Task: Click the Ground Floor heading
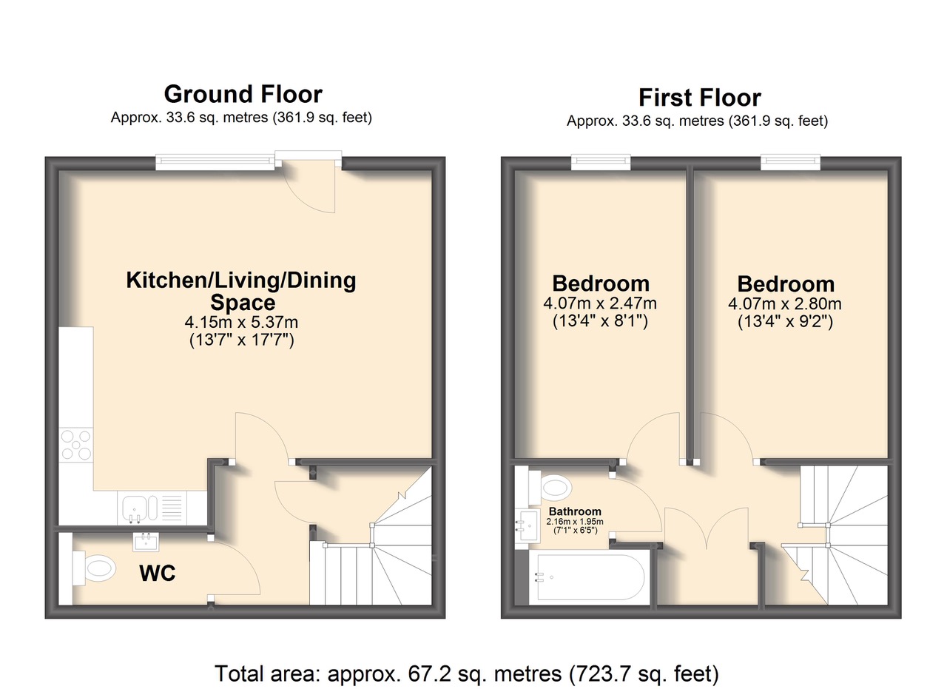[x=243, y=94]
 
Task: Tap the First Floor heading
[x=700, y=98]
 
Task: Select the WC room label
[x=158, y=573]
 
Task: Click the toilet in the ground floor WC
[x=94, y=568]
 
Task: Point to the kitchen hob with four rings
[x=76, y=446]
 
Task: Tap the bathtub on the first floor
[x=590, y=577]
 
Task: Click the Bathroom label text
[x=575, y=511]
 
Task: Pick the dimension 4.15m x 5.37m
[x=241, y=322]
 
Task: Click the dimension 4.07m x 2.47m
[x=600, y=303]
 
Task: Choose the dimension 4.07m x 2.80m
[x=785, y=303]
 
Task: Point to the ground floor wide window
[x=215, y=162]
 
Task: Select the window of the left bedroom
[x=601, y=162]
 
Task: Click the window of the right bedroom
[x=791, y=162]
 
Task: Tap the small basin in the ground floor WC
[x=146, y=542]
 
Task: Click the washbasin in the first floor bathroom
[x=528, y=525]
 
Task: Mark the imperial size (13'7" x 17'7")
[x=241, y=340]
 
